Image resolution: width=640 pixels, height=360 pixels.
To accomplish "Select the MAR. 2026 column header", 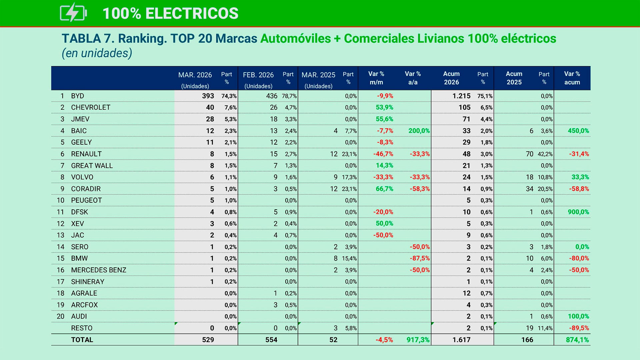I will coord(195,75).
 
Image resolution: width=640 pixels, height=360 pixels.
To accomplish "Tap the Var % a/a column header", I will coord(413,78).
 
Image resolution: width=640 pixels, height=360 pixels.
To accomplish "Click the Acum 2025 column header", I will coord(514,78).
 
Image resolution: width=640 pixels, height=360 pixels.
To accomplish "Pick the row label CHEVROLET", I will coord(90,107).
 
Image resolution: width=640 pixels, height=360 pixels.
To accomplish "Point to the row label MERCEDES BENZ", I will coord(98,270).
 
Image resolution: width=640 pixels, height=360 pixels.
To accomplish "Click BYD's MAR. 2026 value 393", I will coord(208,96).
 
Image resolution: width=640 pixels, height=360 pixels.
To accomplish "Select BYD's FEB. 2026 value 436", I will coord(271,96).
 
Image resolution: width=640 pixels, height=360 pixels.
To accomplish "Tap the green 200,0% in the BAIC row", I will coord(419,131).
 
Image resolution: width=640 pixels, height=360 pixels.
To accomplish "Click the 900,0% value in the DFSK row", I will coord(578,212).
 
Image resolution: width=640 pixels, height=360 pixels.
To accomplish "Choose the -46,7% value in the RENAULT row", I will coord(383,154).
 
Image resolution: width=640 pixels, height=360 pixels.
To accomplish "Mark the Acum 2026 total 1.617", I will coord(461,340).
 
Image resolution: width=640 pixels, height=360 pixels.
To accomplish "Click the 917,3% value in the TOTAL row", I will coord(418,340).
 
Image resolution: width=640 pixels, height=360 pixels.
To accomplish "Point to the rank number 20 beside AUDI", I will coord(60,316).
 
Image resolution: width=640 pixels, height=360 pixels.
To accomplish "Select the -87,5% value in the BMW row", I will coord(420,258).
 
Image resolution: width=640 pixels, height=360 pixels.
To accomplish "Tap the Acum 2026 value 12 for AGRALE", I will coord(466,293).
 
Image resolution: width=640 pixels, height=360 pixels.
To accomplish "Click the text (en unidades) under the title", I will coord(97,53).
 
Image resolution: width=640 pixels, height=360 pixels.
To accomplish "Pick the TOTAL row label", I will coord(82,340).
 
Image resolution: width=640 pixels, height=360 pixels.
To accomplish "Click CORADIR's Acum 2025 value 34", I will coord(529,189).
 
